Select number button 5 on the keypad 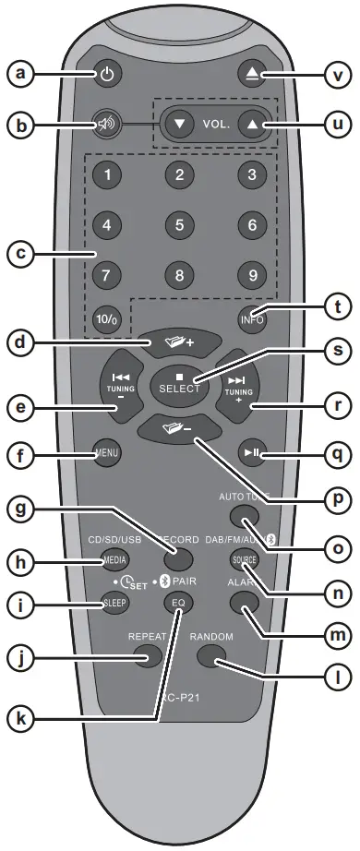point(179,222)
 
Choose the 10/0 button point(109,322)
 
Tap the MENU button point(107,454)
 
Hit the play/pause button point(250,453)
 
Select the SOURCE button point(245,561)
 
